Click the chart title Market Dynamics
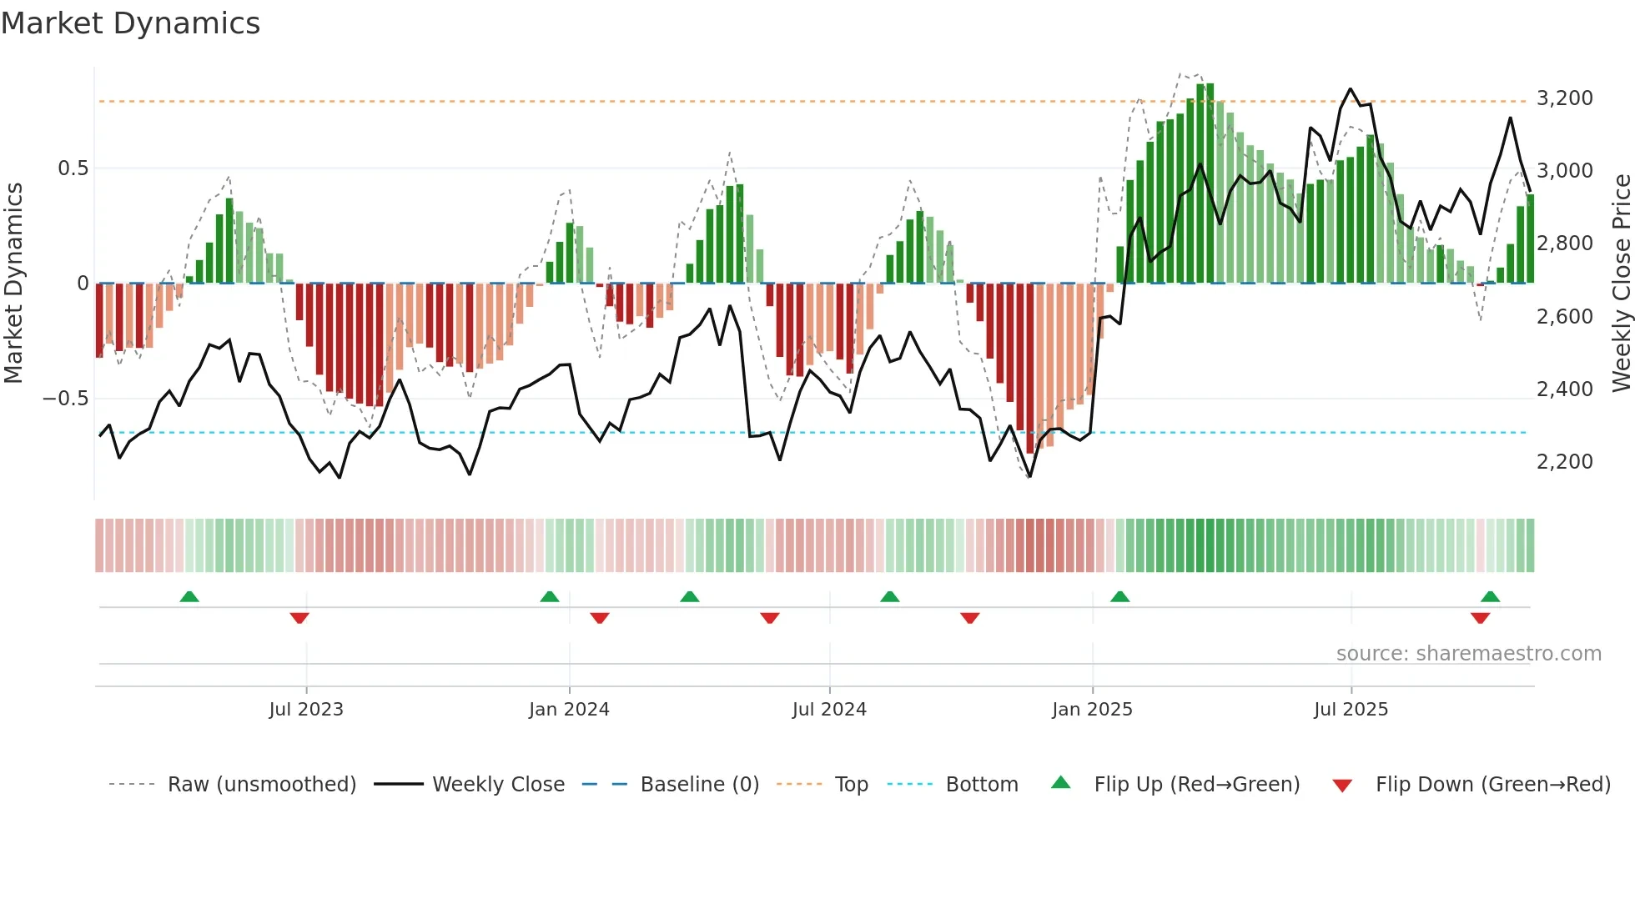pyautogui.click(x=130, y=23)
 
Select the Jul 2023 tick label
pyautogui.click(x=306, y=710)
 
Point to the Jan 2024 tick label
pyautogui.click(x=569, y=710)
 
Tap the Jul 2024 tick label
pyautogui.click(x=829, y=710)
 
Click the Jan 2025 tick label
pyautogui.click(x=1092, y=710)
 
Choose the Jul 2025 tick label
pyautogui.click(x=1351, y=710)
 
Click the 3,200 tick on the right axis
pyautogui.click(x=1564, y=98)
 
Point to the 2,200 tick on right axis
pyautogui.click(x=1564, y=462)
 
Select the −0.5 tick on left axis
pyautogui.click(x=65, y=399)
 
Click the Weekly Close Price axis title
pyautogui.click(x=1621, y=283)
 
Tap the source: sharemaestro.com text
pyautogui.click(x=1468, y=654)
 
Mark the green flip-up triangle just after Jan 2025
pyautogui.click(x=1119, y=597)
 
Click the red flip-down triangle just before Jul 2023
pyautogui.click(x=299, y=618)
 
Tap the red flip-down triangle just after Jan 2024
pyautogui.click(x=600, y=618)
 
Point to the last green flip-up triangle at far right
pyautogui.click(x=1490, y=597)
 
